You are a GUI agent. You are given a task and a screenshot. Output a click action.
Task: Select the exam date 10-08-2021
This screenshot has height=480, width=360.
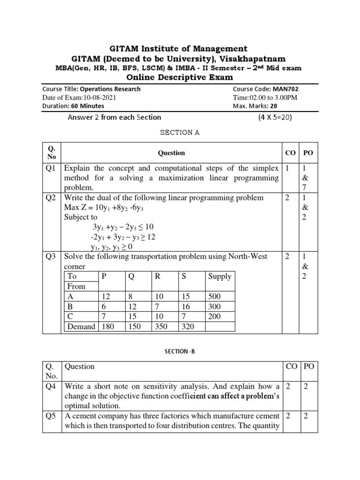click(x=97, y=97)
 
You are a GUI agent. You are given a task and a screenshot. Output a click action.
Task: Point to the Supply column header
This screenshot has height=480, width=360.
click(x=220, y=276)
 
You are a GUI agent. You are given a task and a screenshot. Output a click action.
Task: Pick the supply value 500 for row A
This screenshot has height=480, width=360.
click(x=215, y=297)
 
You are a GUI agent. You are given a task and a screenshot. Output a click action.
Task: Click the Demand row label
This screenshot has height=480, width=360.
click(x=81, y=327)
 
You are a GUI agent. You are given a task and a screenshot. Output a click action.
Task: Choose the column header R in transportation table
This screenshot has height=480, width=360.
click(x=157, y=276)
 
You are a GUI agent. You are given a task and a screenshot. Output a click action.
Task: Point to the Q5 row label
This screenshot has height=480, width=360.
click(x=51, y=416)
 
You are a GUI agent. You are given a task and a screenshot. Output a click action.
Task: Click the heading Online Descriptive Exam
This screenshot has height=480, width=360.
click(x=180, y=77)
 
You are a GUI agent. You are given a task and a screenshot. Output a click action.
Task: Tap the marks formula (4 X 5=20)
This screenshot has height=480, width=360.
click(x=275, y=118)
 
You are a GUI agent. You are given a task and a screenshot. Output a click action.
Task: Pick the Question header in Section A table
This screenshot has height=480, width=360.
click(x=171, y=153)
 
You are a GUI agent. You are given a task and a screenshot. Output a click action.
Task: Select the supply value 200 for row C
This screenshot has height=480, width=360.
click(x=215, y=316)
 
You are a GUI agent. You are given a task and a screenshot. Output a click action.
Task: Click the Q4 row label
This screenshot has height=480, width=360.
click(x=51, y=386)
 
